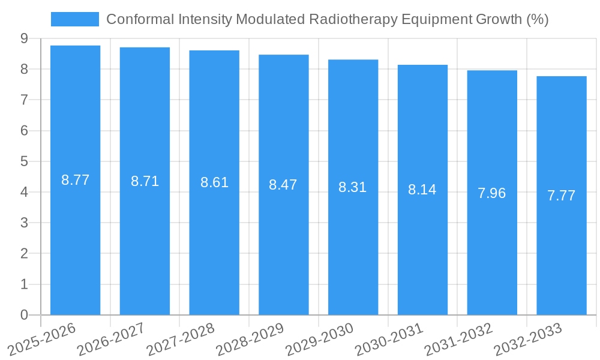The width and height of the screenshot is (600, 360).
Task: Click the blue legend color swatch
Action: point(74,19)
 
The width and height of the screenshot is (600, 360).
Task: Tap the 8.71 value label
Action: point(145,181)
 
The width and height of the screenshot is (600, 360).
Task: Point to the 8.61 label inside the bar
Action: point(214,183)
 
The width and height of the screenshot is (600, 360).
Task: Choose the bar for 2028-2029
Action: point(283,240)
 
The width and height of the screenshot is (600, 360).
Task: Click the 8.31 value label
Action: point(353,187)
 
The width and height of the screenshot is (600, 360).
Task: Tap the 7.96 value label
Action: point(492,193)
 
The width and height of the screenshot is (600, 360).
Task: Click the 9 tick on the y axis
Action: point(24,38)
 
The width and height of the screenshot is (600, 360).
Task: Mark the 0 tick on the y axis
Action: point(24,315)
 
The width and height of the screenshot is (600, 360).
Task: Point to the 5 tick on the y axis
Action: point(24,161)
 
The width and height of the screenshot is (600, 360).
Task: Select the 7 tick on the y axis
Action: point(24,100)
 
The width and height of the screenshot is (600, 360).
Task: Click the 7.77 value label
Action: point(562,196)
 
